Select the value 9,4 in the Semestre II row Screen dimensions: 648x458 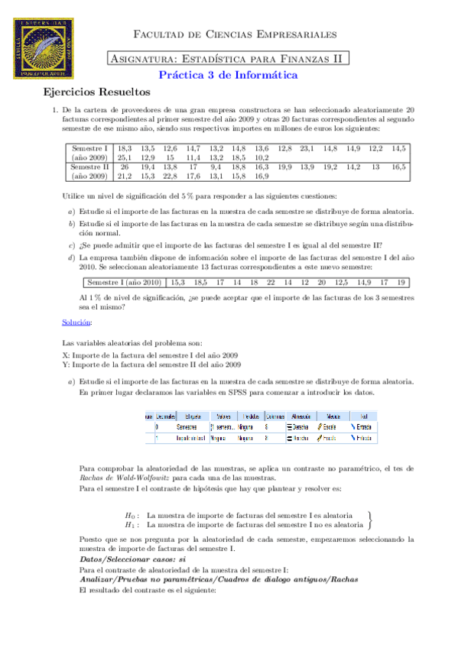pyautogui.click(x=216, y=166)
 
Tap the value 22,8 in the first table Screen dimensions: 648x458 pyautogui.click(x=170, y=175)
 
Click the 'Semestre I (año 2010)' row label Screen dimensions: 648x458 pyautogui.click(x=122, y=282)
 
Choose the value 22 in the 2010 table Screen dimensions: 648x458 pyautogui.click(x=270, y=282)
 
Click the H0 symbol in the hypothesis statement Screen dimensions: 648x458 pyautogui.click(x=132, y=515)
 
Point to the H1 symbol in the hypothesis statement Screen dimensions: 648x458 pyautogui.click(x=132, y=525)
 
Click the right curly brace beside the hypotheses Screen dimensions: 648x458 pyautogui.click(x=370, y=520)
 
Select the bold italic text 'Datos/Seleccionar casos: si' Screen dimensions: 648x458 pyautogui.click(x=128, y=559)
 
